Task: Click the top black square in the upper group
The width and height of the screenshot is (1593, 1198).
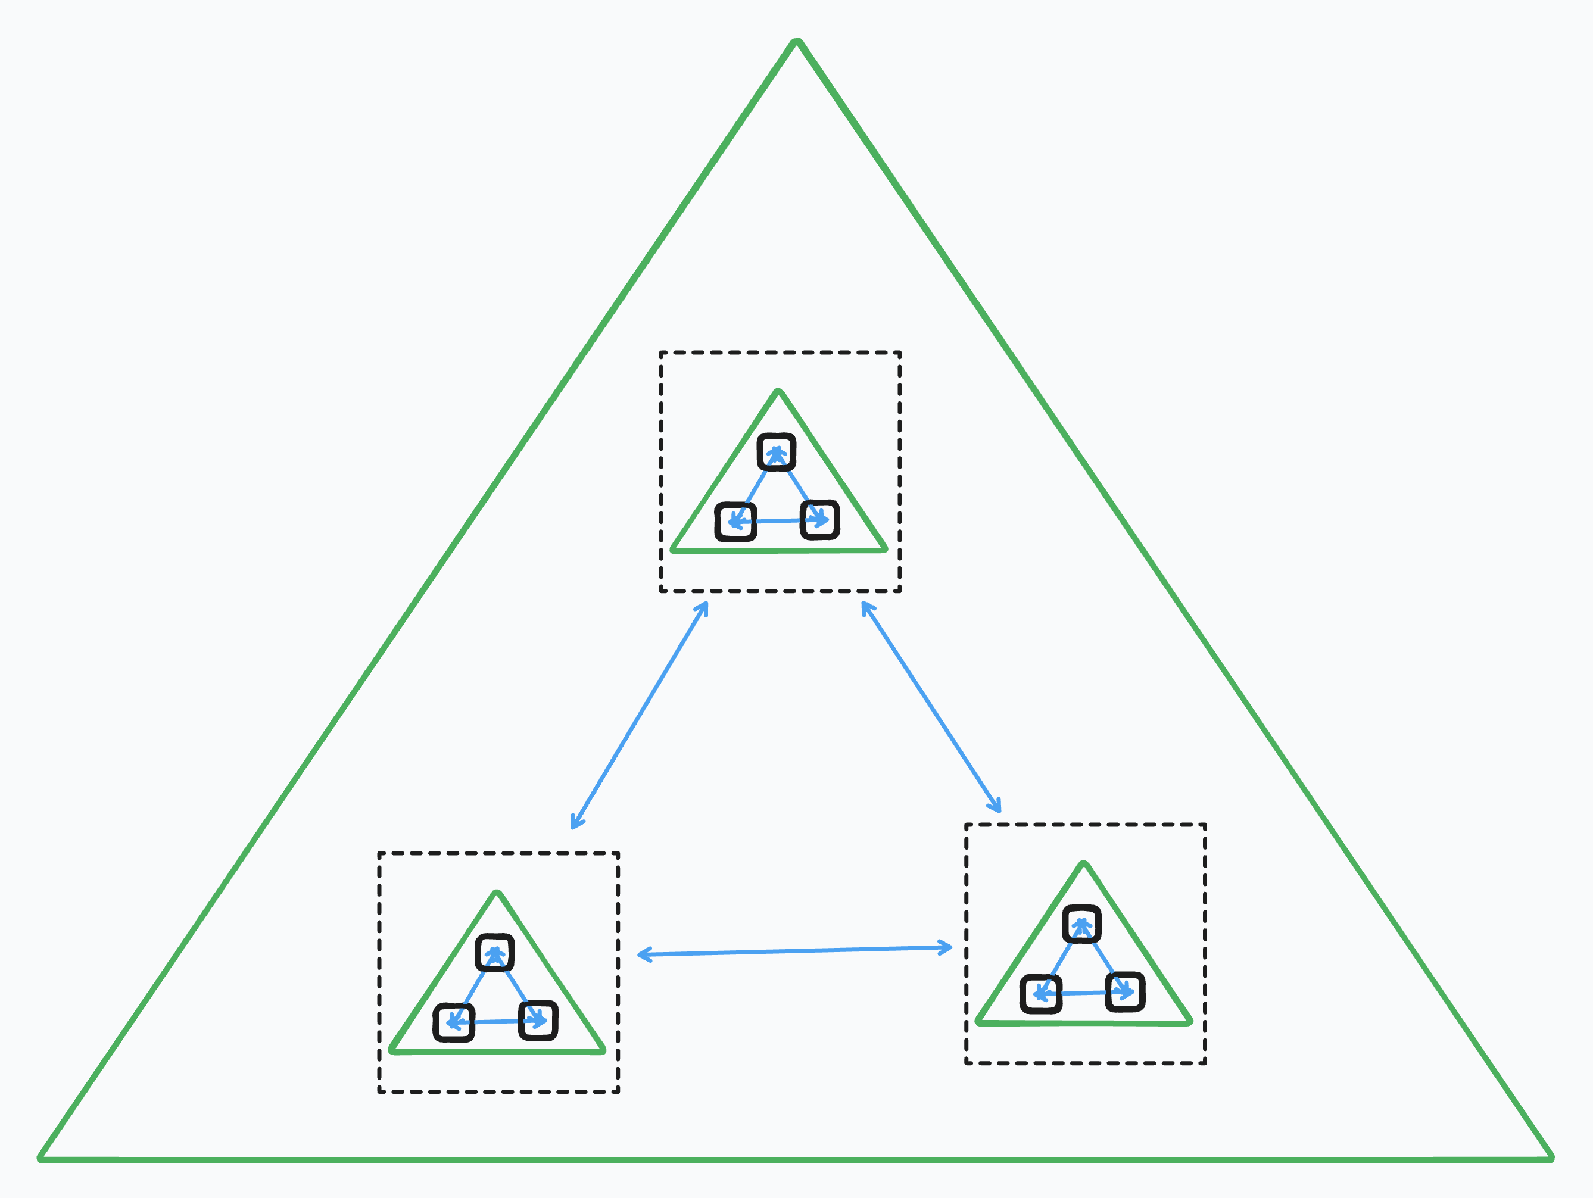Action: click(777, 452)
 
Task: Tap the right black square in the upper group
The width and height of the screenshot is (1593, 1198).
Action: click(819, 520)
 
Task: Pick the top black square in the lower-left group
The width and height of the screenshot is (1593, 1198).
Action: click(495, 953)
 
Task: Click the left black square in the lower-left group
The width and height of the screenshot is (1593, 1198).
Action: click(454, 1022)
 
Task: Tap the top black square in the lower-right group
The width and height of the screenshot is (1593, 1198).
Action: click(1081, 925)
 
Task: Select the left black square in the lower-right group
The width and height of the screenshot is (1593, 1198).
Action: click(1040, 994)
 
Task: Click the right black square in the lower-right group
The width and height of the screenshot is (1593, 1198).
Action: click(1125, 992)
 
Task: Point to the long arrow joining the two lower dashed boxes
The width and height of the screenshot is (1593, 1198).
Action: click(795, 951)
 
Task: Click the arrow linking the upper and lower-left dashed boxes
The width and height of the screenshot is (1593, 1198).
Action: click(640, 715)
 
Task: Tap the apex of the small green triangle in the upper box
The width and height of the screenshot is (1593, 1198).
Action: click(778, 393)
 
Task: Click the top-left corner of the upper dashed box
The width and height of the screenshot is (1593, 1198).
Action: click(661, 352)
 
